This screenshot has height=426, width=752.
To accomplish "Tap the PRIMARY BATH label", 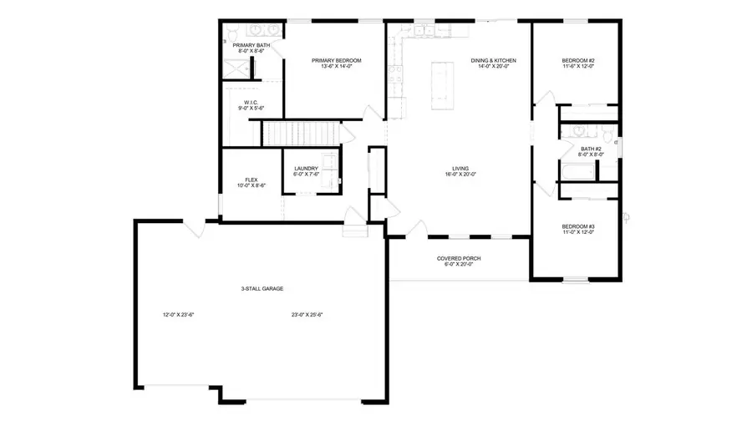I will [251, 45].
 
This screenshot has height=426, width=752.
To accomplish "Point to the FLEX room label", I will [251, 180].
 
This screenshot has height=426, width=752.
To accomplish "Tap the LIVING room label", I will [459, 168].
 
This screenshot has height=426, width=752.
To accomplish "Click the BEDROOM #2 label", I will [577, 60].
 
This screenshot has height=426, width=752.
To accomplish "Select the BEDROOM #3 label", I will [577, 226].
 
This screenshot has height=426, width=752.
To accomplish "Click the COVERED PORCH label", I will [459, 258].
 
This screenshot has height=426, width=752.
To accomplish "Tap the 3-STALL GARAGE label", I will [262, 289].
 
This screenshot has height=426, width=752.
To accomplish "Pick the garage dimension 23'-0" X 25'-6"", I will [307, 315].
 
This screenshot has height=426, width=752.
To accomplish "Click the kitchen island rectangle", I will [441, 85].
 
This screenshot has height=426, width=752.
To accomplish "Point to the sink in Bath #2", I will [577, 132].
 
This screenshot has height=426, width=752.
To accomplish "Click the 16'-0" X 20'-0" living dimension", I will [459, 175].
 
